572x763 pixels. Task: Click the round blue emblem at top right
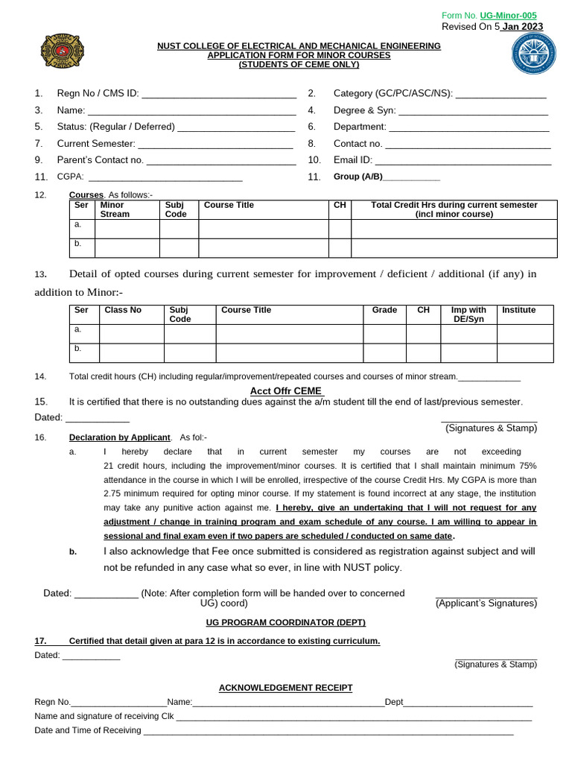pos(533,56)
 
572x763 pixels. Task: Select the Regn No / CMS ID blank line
pos(218,94)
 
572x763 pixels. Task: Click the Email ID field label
pos(353,160)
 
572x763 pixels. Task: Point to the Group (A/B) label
pos(357,177)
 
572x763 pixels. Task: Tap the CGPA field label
pos(70,177)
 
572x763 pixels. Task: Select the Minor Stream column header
pos(115,209)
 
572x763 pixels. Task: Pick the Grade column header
pos(384,310)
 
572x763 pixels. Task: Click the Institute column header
pos(519,310)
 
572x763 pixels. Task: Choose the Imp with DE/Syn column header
pos(468,314)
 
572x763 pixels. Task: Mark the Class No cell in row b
pos(131,352)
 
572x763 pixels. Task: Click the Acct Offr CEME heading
pos(286,390)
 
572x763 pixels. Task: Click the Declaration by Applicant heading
pos(120,437)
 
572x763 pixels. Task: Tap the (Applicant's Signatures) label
pos(486,604)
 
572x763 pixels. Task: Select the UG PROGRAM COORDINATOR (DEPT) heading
pos(285,622)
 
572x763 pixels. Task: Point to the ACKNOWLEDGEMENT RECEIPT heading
pos(285,688)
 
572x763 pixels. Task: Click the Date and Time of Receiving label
pos(88,730)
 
